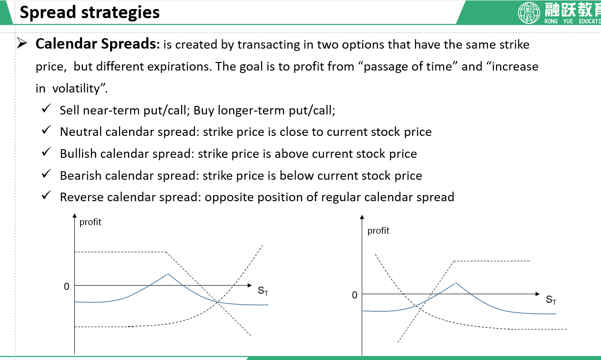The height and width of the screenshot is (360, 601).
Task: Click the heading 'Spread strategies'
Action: coord(90,12)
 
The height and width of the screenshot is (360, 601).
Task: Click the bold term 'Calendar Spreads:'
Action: coord(98,44)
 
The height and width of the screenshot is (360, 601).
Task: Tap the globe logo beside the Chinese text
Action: coord(529,12)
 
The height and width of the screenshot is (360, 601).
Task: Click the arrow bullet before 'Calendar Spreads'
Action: coord(22,43)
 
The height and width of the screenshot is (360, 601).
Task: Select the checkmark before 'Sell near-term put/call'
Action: coord(46,108)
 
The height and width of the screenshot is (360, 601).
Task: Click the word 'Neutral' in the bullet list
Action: coord(81,132)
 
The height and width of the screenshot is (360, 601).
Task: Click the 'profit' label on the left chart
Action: coord(91,222)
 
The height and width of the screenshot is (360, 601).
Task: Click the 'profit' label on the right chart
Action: coord(378,231)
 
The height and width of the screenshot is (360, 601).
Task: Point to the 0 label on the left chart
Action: coord(67,287)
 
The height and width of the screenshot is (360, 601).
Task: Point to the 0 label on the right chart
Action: coord(355,295)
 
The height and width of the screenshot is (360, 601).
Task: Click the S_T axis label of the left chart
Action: coord(263,291)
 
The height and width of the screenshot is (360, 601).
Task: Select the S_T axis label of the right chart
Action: coord(551,299)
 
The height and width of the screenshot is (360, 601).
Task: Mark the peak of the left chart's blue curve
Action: coord(167,274)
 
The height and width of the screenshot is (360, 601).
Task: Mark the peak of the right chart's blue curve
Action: coord(456,283)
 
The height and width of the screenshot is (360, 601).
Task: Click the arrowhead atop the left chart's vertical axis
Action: coord(74,216)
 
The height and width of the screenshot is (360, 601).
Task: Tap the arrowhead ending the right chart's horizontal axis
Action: coord(538,294)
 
